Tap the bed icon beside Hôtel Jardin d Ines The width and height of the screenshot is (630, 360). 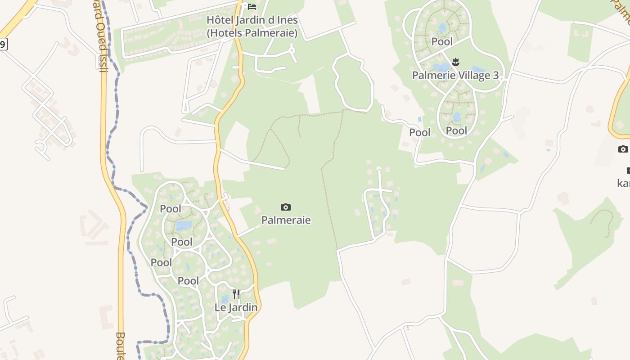252,6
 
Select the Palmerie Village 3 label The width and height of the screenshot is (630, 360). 455,75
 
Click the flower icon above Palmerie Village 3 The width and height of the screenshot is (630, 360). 455,62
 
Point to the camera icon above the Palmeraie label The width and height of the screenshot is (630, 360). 286,207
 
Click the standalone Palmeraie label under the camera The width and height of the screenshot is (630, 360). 286,220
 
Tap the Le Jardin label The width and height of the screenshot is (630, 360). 236,308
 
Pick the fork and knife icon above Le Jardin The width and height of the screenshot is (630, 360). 236,294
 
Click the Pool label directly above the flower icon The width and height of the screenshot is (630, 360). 442,42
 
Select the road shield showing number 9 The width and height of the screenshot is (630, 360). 3,44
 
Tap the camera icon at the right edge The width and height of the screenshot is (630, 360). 623,149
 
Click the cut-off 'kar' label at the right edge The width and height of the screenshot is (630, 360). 624,183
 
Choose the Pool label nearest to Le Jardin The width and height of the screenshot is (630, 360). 188,281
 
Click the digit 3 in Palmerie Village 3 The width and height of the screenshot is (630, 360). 495,75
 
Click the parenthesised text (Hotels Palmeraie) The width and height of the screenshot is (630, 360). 252,33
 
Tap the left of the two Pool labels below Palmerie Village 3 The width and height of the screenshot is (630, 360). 419,133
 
